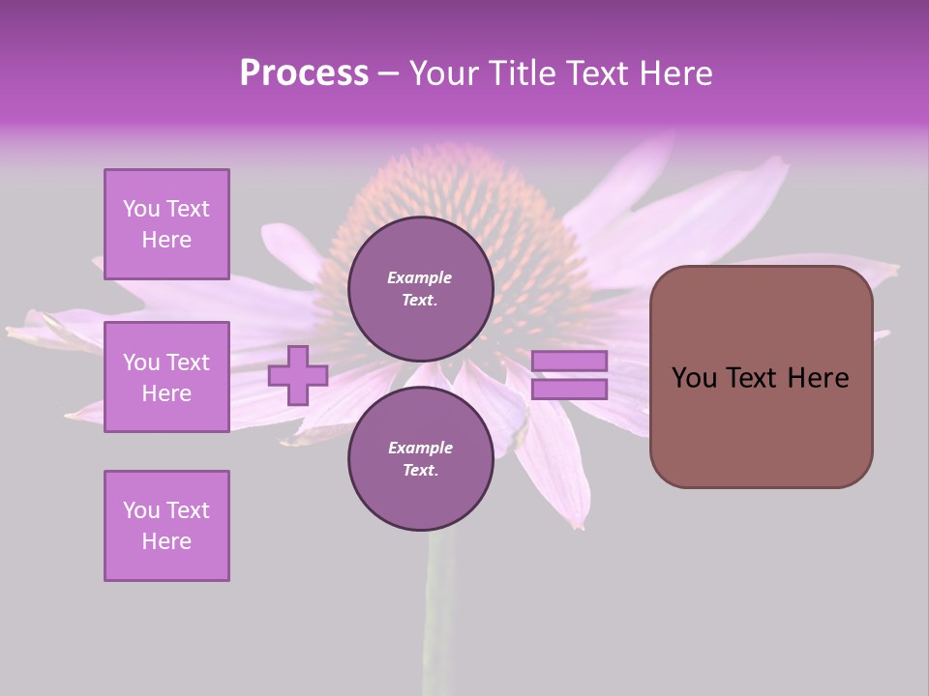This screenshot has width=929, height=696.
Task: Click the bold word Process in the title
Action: pos(304,73)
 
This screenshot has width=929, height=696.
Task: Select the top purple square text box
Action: pos(166,224)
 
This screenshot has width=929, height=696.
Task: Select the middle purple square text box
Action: pos(166,377)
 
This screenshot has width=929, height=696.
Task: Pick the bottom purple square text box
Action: pos(166,526)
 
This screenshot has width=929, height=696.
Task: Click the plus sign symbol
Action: pos(298,375)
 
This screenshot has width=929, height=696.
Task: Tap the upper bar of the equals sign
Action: pos(570,362)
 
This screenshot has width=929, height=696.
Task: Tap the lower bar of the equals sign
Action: pos(570,390)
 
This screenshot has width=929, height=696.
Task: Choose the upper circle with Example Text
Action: pos(421,289)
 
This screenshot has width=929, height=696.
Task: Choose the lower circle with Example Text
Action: pos(421,459)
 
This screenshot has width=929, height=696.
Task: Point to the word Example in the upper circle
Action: pos(420,277)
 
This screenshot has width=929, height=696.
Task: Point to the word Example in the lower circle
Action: pos(420,448)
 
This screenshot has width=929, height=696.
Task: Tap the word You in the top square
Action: pos(140,209)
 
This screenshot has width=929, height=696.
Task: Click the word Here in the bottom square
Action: pos(166,541)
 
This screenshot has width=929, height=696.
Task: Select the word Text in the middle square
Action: pos(188,362)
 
